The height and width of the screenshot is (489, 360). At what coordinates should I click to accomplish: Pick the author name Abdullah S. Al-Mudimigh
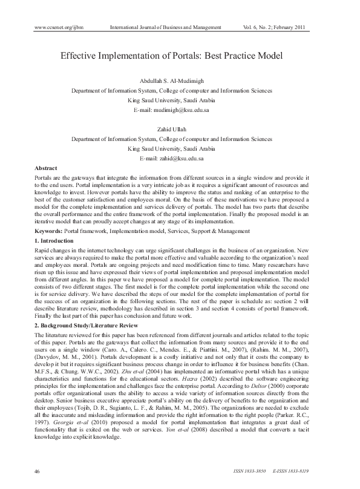pos(180,80)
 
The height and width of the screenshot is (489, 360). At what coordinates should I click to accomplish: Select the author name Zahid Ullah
pos(180,130)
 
